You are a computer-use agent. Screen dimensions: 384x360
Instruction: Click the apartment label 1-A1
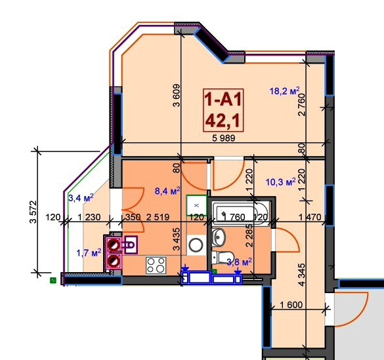[223, 99]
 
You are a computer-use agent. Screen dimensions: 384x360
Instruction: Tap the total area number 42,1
[223, 121]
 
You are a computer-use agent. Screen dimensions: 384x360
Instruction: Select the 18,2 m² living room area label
[284, 91]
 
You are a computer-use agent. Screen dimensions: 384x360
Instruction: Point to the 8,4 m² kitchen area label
[167, 191]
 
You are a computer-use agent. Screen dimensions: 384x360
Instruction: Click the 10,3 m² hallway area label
[281, 182]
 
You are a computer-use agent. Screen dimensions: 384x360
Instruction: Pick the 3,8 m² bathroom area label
[240, 262]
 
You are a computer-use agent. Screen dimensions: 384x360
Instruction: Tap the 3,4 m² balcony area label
[81, 197]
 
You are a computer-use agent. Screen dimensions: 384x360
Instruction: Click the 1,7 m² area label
[89, 252]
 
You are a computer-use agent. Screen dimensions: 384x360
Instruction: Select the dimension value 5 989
[224, 138]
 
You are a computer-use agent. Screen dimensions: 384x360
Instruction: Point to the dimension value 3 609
[177, 96]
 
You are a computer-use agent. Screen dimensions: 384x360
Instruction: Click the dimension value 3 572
[33, 212]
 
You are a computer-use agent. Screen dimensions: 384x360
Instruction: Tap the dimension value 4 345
[302, 274]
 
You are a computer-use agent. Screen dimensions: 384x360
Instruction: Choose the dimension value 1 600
[291, 305]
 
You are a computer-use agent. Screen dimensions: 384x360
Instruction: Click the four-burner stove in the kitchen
[156, 266]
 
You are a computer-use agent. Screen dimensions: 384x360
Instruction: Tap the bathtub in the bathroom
[241, 212]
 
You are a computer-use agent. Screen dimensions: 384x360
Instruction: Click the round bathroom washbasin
[218, 237]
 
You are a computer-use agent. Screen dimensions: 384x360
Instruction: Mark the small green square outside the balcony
[53, 280]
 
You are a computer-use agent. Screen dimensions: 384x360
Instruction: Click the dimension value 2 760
[302, 105]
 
